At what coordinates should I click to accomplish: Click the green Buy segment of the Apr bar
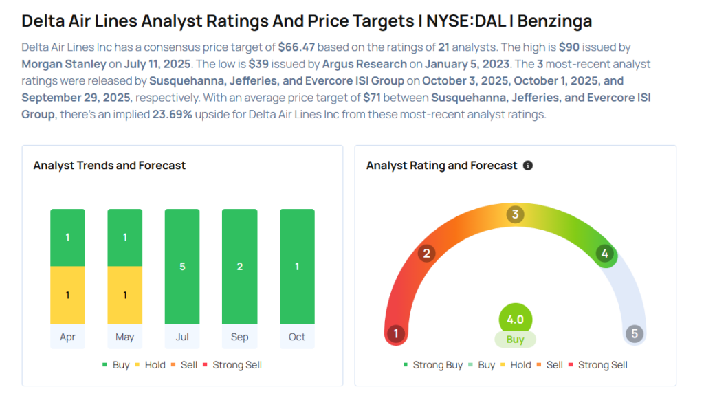point(67,238)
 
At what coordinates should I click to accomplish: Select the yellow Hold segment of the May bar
point(124,295)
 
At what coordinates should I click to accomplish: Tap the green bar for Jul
point(182,267)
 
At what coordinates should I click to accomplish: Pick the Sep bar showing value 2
point(239,267)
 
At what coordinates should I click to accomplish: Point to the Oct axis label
point(297,337)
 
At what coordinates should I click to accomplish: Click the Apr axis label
point(67,337)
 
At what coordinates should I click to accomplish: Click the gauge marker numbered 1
point(396,334)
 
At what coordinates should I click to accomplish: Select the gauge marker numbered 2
point(426,254)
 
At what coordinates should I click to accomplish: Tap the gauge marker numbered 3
point(515,215)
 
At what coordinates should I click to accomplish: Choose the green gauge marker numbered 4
point(604,254)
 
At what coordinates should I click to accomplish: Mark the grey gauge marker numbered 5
point(634,334)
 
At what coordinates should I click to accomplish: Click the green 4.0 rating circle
point(515,320)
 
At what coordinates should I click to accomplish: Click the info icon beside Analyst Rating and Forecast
point(528,166)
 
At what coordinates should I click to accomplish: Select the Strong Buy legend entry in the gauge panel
point(433,365)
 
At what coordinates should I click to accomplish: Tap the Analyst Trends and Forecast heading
point(109,166)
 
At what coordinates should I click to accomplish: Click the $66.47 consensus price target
point(300,47)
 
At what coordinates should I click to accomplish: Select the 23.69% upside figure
point(174,114)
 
